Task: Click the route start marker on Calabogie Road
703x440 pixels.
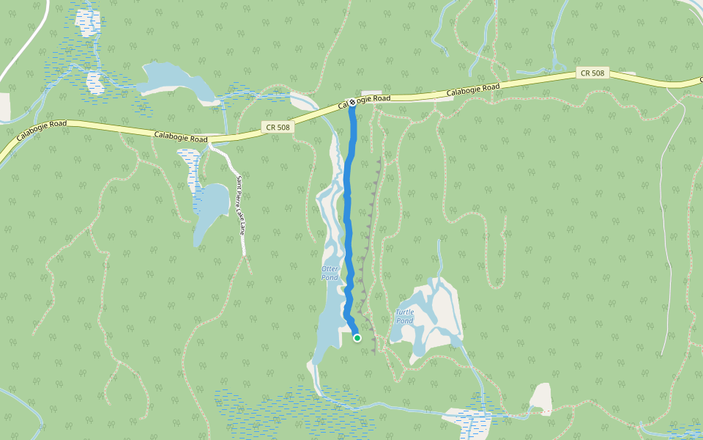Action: [x=352, y=103]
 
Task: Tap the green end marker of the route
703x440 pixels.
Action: [x=357, y=338]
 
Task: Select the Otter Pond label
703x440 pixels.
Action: [x=330, y=273]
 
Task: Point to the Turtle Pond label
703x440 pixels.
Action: [x=405, y=317]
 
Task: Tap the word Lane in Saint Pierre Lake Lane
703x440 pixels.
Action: [x=242, y=227]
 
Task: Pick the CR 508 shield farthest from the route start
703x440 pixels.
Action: [x=592, y=73]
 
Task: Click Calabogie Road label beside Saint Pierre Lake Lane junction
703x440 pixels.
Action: [x=181, y=136]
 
